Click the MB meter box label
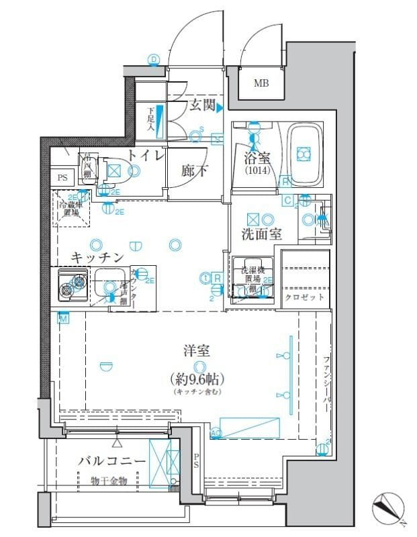point(260,84)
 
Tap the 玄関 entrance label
point(201,105)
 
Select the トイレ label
point(145,156)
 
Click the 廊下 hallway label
point(194,171)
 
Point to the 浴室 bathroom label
point(254,159)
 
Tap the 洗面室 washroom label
point(261,234)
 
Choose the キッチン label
point(98,257)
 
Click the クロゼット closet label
point(304,297)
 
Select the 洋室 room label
point(197,350)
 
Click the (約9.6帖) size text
point(197,378)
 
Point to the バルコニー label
point(111,461)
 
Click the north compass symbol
point(388,507)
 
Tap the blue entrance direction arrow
point(219,106)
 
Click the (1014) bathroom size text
point(254,171)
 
